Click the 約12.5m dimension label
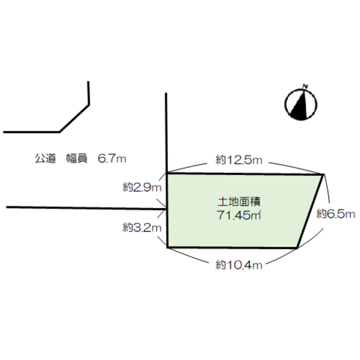click(239, 160)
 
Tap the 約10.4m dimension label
click(239, 265)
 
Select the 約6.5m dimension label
click(336, 214)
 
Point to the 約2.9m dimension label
click(142, 188)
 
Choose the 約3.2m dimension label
click(142, 228)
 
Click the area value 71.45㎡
click(239, 216)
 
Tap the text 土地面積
click(239, 202)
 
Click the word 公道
click(45, 158)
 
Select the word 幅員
click(77, 158)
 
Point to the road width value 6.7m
click(112, 158)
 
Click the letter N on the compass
click(305, 86)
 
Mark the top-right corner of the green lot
click(324, 175)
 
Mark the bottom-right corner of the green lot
click(297, 248)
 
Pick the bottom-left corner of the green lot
click(167, 247)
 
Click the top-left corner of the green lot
click(167, 173)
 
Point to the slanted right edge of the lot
click(310, 211)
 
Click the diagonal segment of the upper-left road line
click(74, 118)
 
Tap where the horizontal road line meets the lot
click(167, 209)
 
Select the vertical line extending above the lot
click(166, 133)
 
